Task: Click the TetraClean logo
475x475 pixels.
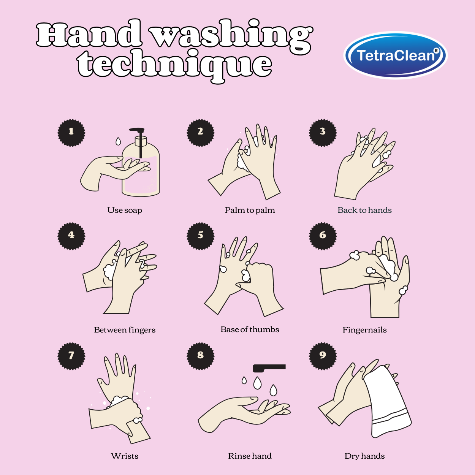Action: (395, 55)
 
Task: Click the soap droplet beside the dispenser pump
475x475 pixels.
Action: (118, 141)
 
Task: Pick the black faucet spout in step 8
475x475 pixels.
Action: (269, 368)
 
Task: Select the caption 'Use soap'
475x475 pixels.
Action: (125, 210)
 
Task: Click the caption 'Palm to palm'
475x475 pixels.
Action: (250, 210)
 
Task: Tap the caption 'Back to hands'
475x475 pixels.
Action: (364, 210)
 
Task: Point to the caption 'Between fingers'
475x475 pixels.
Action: (125, 330)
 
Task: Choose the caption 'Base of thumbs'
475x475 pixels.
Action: (250, 329)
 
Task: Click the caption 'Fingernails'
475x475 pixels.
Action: (364, 330)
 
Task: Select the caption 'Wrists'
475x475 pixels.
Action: (125, 456)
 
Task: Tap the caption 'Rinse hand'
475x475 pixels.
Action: (250, 456)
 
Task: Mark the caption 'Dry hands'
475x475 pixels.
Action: (364, 456)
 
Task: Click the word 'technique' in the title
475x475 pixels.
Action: (175, 65)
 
